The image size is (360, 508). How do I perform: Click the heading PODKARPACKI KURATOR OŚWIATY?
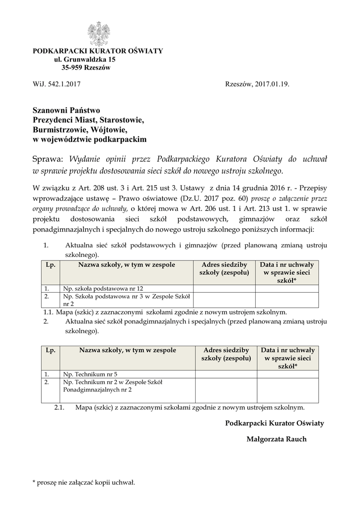[97, 52]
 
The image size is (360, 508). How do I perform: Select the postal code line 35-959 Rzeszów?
[85, 67]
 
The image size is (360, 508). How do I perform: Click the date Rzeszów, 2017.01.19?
[257, 84]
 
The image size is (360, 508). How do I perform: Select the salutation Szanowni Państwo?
[67, 110]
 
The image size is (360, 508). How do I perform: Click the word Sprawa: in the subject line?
[48, 159]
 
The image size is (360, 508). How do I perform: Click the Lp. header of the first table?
[50, 265]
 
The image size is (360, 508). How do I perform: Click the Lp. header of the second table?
[50, 350]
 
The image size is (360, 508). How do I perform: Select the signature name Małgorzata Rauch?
[277, 439]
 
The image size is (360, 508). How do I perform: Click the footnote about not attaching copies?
[83, 482]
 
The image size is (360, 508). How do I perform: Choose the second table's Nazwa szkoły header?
[128, 350]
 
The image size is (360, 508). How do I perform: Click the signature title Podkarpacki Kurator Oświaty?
[274, 423]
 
